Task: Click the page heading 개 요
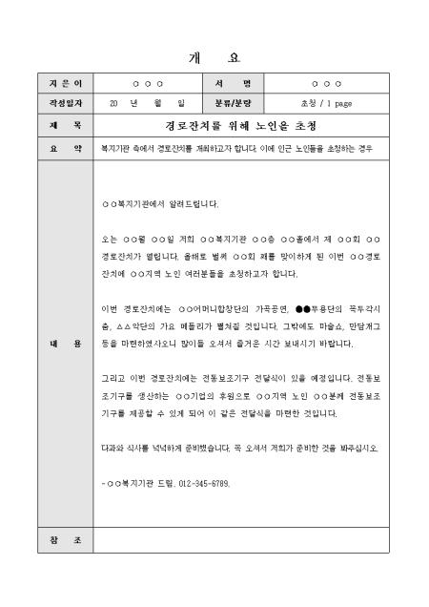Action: pyautogui.click(x=214, y=57)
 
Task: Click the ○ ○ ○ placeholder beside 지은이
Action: pyautogui.click(x=147, y=83)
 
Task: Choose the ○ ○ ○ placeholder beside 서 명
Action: pyautogui.click(x=325, y=83)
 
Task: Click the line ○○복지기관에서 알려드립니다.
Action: pyautogui.click(x=159, y=204)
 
